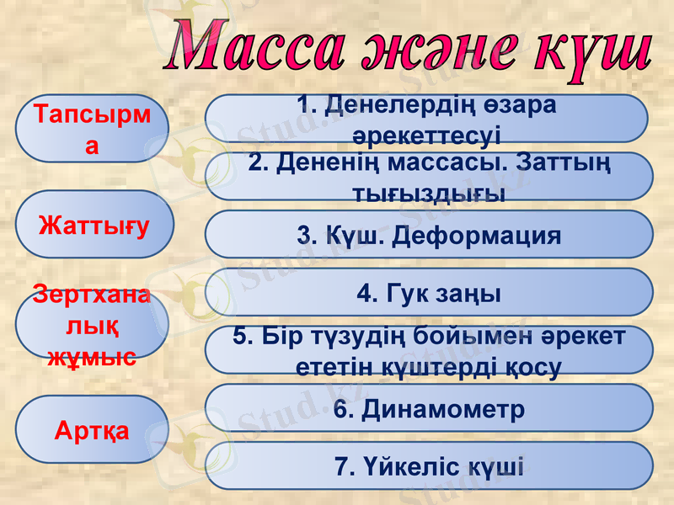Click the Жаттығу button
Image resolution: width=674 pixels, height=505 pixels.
(x=93, y=225)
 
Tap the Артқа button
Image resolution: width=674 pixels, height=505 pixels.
(x=93, y=430)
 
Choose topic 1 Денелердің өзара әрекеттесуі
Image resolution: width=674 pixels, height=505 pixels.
(x=427, y=119)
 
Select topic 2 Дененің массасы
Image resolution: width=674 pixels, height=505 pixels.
(x=429, y=177)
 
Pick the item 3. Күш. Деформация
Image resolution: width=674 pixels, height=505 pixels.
(x=429, y=235)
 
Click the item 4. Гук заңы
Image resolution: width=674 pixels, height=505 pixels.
(x=429, y=293)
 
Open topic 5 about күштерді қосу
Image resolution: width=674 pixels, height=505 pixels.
(x=429, y=351)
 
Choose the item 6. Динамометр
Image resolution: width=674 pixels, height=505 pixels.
(x=429, y=409)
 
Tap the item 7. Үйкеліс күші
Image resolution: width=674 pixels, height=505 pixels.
(x=429, y=466)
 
